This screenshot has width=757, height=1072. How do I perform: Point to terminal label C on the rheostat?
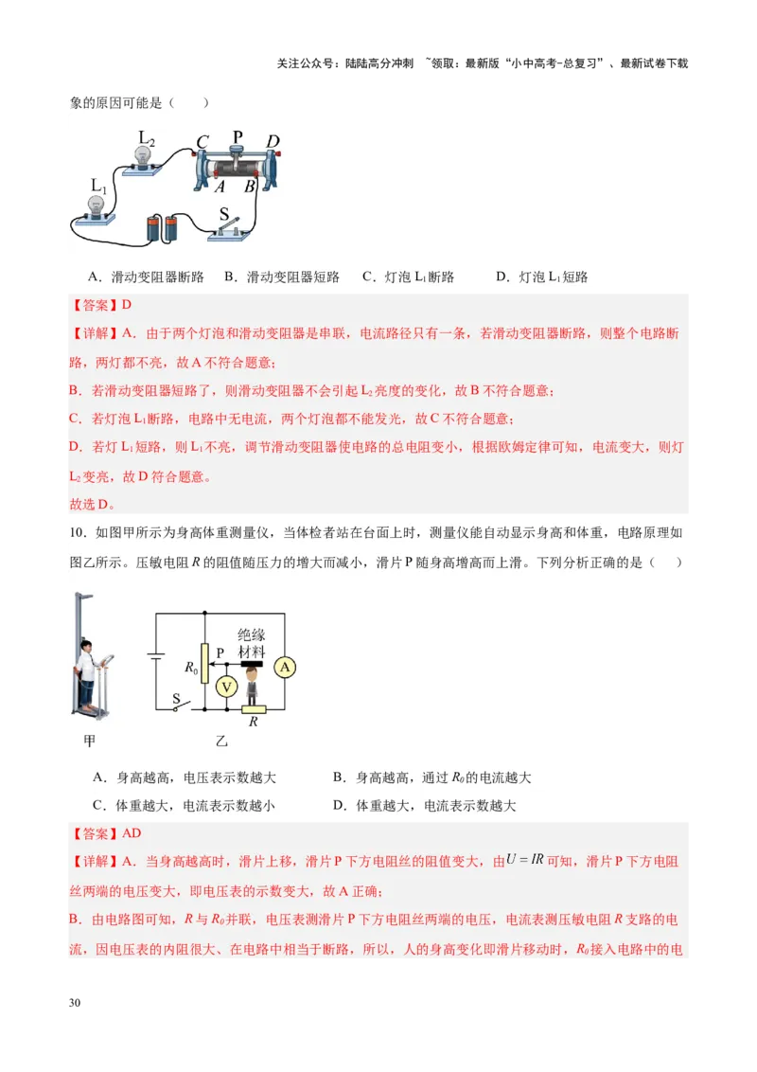(202, 143)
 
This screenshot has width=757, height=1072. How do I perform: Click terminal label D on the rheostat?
(273, 142)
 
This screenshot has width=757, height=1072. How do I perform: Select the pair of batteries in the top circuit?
(162, 228)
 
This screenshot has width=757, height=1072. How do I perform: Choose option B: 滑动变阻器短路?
(281, 277)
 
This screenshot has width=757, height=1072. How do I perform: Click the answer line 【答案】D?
(100, 305)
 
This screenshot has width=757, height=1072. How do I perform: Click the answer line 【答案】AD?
(105, 833)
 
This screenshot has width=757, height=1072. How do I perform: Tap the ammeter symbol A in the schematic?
(286, 668)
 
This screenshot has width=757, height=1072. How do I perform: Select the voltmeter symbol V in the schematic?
(226, 687)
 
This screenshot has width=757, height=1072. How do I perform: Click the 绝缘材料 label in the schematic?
(251, 644)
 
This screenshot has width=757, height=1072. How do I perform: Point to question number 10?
(79, 533)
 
